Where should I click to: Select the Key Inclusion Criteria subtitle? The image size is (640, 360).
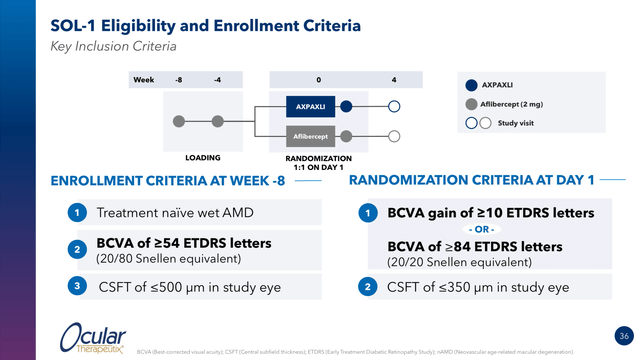tap(114, 46)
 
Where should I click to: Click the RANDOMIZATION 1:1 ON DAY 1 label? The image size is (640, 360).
tap(318, 162)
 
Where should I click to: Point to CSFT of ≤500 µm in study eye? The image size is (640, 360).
tap(190, 287)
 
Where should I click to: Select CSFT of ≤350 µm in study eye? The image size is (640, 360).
tap(478, 287)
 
